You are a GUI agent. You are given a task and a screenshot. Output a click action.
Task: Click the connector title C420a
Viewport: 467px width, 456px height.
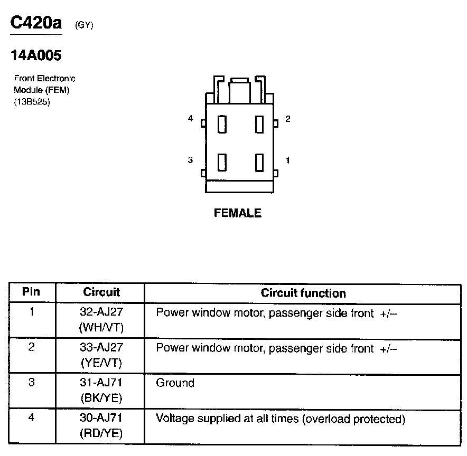pyautogui.click(x=36, y=23)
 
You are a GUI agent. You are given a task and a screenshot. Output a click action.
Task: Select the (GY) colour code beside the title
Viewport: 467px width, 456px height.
pyautogui.click(x=84, y=24)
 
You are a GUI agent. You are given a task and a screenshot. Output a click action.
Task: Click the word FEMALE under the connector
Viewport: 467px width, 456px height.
pyautogui.click(x=238, y=213)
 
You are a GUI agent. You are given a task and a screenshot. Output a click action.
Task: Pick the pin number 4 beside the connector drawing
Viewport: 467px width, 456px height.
pyautogui.click(x=191, y=119)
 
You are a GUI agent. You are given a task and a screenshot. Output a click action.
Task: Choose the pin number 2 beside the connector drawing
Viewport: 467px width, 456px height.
pyautogui.click(x=287, y=119)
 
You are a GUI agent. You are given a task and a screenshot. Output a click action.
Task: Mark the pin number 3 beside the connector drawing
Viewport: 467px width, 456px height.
pyautogui.click(x=191, y=160)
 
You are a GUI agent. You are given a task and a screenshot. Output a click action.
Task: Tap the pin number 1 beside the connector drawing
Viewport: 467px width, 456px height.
pyautogui.click(x=287, y=160)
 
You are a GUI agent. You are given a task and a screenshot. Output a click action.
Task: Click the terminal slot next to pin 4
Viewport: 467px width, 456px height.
pyautogui.click(x=222, y=125)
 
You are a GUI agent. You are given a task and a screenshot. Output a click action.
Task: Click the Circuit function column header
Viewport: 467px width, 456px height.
pyautogui.click(x=303, y=293)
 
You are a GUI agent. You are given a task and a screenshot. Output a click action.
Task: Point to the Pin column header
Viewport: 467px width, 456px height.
pyautogui.click(x=31, y=292)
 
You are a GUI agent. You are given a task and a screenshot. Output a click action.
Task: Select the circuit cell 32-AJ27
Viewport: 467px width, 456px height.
pyautogui.click(x=100, y=312)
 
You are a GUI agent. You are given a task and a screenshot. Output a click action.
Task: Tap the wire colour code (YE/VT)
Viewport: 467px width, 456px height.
pyautogui.click(x=100, y=363)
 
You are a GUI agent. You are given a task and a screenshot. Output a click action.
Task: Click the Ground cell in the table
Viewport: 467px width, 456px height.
pyautogui.click(x=175, y=383)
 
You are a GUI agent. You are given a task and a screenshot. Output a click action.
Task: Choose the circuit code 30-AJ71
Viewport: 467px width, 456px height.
pyautogui.click(x=100, y=419)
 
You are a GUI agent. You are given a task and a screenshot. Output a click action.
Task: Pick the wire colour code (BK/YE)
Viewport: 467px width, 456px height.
pyautogui.click(x=100, y=398)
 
